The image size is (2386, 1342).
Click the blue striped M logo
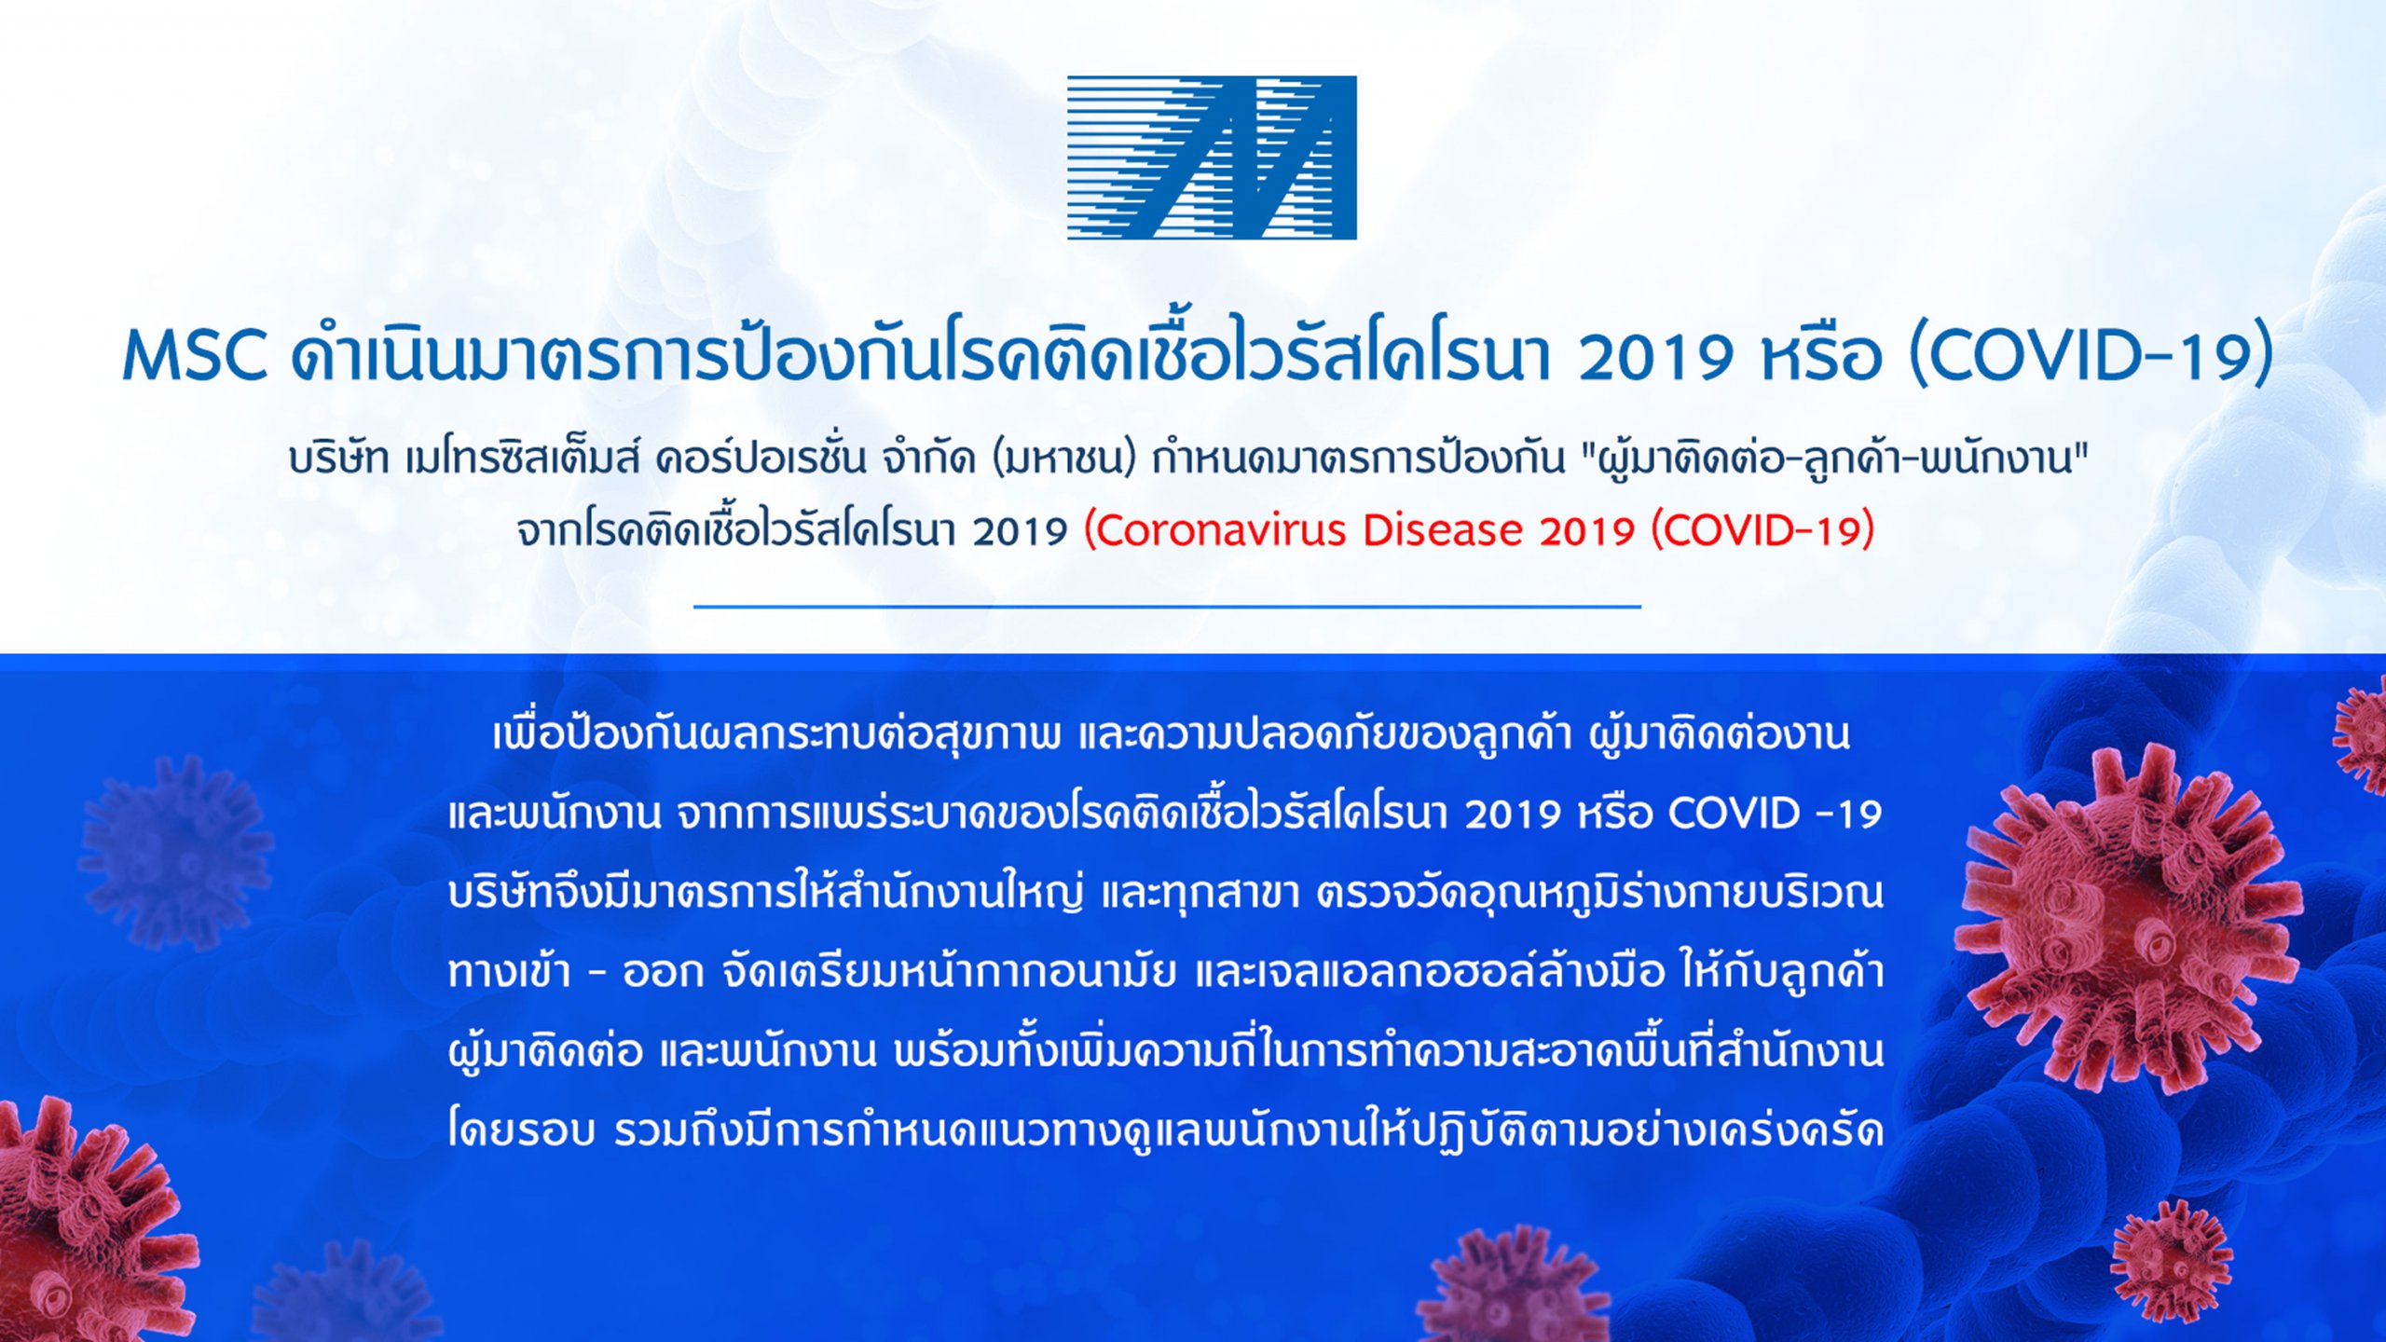coord(1212,157)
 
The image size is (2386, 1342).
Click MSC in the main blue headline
coord(196,357)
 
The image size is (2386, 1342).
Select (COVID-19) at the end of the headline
coord(2091,357)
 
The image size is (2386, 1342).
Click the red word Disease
coord(1443,531)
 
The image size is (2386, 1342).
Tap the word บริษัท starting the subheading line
coord(338,459)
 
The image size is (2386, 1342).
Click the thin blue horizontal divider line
coord(1167,607)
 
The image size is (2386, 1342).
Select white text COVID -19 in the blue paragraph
coord(1775,815)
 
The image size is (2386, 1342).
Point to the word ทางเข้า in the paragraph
coord(509,971)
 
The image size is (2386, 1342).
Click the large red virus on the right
coord(2130,918)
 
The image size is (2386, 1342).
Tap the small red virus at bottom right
coord(2172,1261)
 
